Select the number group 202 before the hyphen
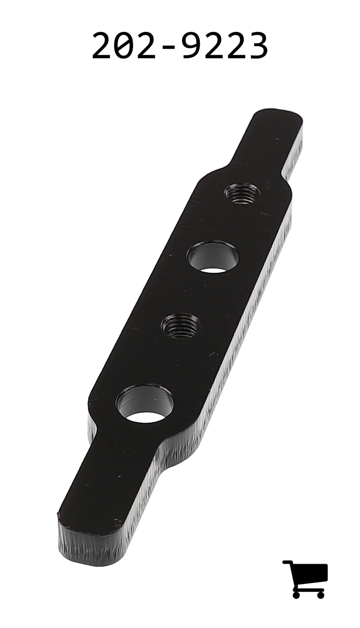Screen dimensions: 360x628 click(x=124, y=45)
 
